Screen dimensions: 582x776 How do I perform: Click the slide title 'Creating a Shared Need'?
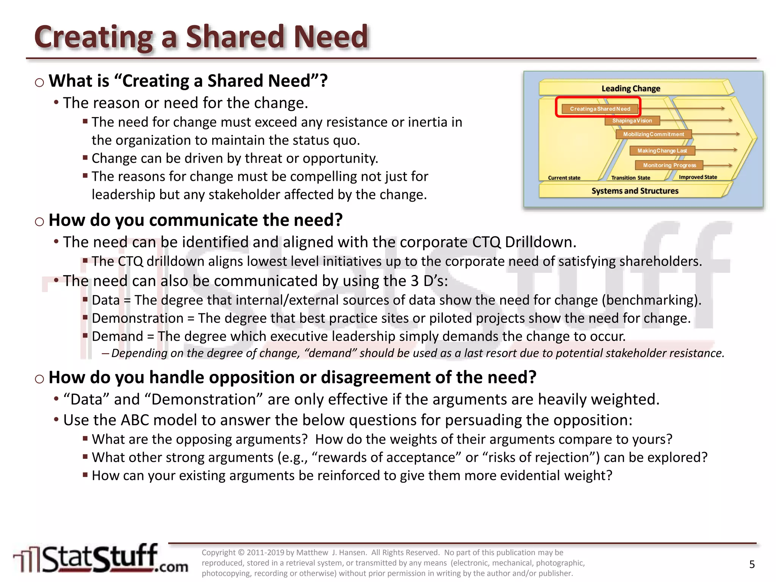(201, 37)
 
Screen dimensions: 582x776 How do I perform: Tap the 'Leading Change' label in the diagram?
(630, 89)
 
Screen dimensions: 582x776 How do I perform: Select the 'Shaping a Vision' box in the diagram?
(632, 121)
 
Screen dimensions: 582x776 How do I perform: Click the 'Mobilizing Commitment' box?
(653, 135)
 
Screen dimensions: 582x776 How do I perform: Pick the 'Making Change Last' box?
(662, 151)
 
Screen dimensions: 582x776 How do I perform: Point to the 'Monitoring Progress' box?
(669, 165)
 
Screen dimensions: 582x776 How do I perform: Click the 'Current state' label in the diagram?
(564, 178)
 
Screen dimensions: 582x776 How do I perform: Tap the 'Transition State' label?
(630, 178)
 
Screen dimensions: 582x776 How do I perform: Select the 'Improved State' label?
(698, 177)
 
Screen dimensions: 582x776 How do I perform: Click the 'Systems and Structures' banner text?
(635, 191)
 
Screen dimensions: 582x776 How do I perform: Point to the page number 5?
(752, 565)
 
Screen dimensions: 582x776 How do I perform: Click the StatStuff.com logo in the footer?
(100, 559)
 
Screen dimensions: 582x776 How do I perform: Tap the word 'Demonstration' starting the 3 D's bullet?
(138, 318)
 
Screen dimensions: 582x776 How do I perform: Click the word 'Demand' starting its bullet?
(117, 336)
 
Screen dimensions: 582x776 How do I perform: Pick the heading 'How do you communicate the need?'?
(196, 220)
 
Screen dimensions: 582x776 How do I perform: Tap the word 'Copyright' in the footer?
(219, 552)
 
